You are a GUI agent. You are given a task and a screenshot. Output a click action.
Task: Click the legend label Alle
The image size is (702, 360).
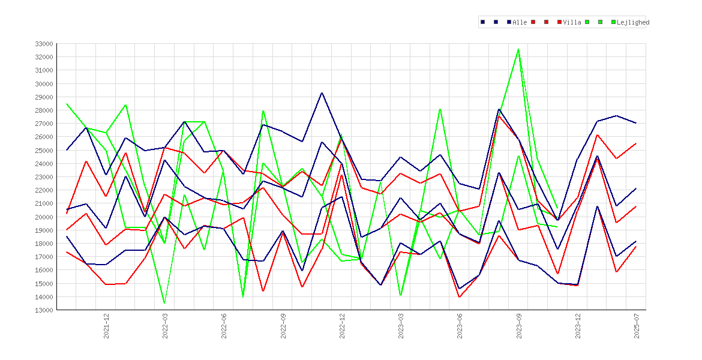(x=520, y=22)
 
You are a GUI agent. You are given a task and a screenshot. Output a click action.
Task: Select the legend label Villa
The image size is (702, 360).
(x=572, y=22)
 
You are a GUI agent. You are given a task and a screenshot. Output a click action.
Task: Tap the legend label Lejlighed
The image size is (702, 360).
(x=633, y=22)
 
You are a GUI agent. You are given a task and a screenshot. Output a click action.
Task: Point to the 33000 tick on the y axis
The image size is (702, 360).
(x=44, y=44)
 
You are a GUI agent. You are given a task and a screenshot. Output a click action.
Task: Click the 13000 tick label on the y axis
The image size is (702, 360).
(x=44, y=310)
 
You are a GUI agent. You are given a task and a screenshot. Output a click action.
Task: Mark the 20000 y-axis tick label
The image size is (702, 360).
(x=44, y=217)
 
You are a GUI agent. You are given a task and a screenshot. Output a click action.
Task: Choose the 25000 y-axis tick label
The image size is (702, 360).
(x=44, y=151)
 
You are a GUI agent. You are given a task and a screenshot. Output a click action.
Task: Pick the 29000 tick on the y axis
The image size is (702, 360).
(x=44, y=97)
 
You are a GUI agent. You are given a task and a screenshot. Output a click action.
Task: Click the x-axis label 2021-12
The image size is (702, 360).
(x=107, y=326)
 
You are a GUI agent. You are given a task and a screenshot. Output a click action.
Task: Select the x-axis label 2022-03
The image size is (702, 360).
(x=165, y=326)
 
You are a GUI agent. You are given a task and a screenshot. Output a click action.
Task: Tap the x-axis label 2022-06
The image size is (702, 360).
(x=224, y=326)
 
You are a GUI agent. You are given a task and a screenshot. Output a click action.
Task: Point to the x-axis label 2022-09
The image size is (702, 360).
(x=283, y=326)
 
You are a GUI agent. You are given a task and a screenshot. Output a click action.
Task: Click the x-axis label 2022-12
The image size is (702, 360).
(x=343, y=326)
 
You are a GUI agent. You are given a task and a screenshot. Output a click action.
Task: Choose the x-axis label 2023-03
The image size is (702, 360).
(x=401, y=326)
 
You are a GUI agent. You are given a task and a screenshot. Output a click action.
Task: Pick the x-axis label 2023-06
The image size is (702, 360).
(x=460, y=326)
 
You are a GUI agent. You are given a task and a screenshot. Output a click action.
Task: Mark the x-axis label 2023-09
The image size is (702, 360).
(x=520, y=326)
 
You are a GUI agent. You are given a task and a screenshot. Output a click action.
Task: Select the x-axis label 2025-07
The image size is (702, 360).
(x=637, y=326)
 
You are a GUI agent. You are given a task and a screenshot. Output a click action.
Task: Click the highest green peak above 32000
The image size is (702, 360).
(x=518, y=49)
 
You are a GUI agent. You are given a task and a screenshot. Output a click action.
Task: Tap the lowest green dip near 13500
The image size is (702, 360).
(x=164, y=303)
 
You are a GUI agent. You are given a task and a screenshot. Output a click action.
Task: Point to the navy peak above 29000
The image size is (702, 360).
(x=322, y=92)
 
